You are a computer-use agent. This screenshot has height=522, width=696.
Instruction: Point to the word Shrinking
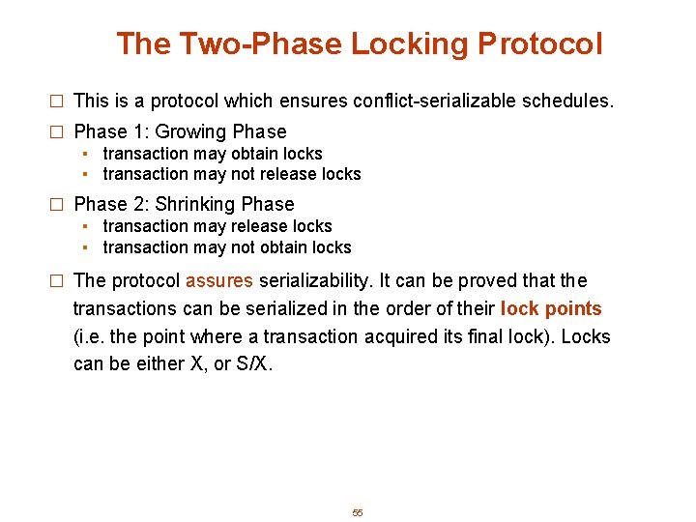click(x=195, y=204)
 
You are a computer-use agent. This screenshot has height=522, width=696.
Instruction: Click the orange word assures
click(x=219, y=281)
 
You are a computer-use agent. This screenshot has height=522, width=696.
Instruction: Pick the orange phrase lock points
click(x=551, y=309)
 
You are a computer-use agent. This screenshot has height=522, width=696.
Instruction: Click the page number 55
click(x=357, y=512)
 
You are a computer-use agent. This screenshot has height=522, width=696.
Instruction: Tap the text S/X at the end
click(x=255, y=363)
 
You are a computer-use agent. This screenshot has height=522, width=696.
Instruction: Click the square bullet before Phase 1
click(x=56, y=132)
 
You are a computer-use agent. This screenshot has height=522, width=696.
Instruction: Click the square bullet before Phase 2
click(x=56, y=205)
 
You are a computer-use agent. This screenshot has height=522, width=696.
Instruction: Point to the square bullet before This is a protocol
click(x=56, y=101)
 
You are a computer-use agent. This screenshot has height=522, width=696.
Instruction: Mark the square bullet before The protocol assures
click(x=56, y=282)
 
